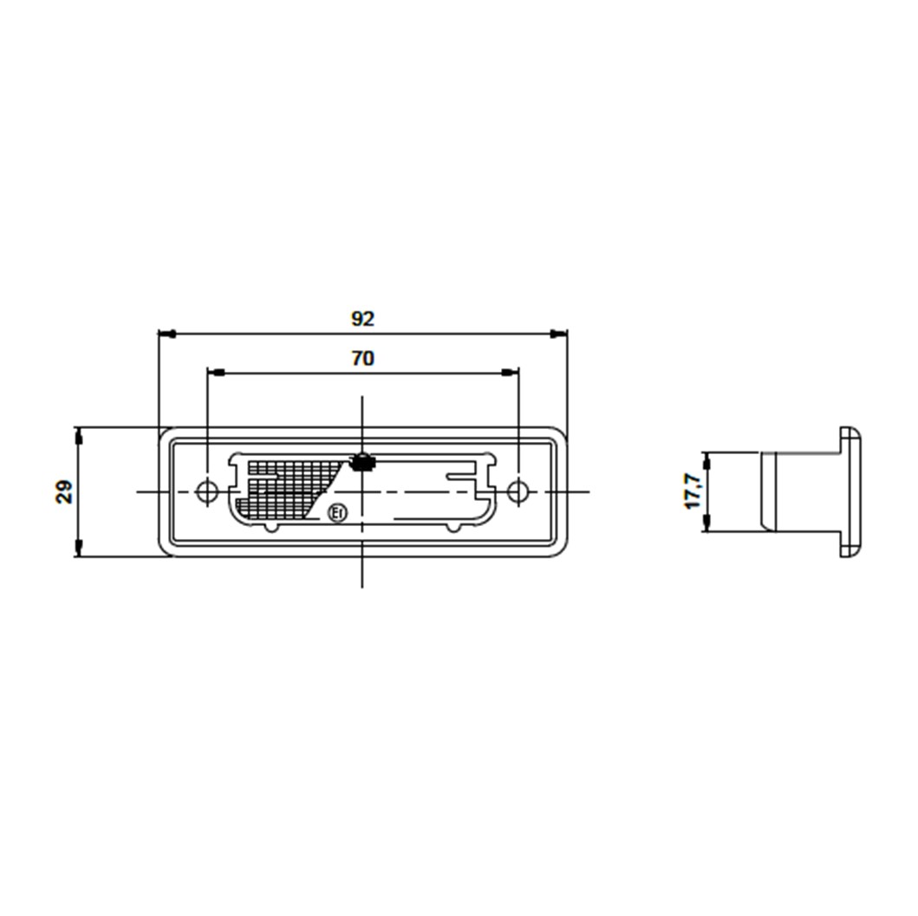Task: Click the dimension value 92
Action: (x=362, y=319)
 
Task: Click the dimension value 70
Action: (x=363, y=358)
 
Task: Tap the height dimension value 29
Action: (x=64, y=491)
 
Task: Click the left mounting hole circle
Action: (x=207, y=491)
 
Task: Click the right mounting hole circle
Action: (x=518, y=491)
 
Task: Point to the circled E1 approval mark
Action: (x=337, y=513)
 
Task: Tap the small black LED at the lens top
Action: (x=361, y=463)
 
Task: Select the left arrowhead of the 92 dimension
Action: (x=167, y=335)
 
